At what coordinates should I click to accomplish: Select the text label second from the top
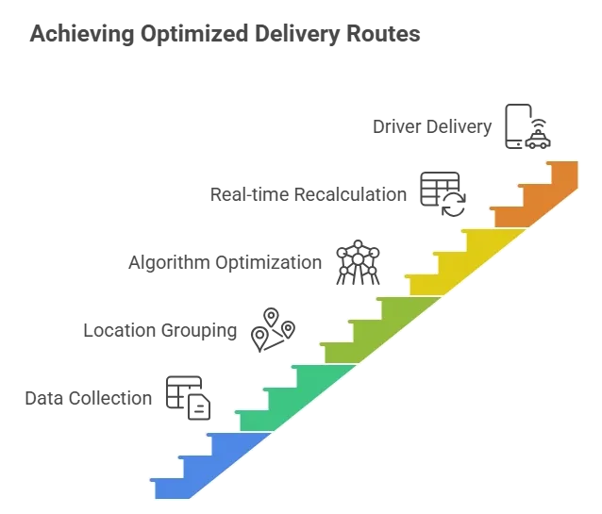pos(305,193)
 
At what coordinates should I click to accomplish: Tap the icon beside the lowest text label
pos(186,393)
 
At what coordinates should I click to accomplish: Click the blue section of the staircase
pos(209,463)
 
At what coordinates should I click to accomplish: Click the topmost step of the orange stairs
pos(563,171)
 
